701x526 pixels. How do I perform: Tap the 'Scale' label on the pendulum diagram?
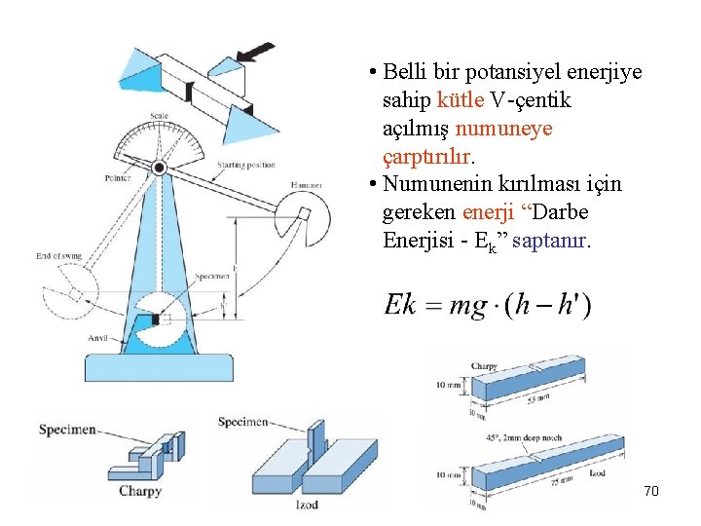pos(159,117)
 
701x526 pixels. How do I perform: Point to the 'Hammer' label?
pos(307,185)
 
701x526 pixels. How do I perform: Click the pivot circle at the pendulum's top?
pos(160,168)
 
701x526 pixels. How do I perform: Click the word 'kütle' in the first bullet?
pos(460,100)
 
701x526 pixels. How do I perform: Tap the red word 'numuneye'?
pos(503,129)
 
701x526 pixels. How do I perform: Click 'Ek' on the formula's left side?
pos(400,305)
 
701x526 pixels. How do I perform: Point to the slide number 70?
pos(651,491)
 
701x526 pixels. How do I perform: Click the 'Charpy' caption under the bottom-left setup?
pos(139,492)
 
